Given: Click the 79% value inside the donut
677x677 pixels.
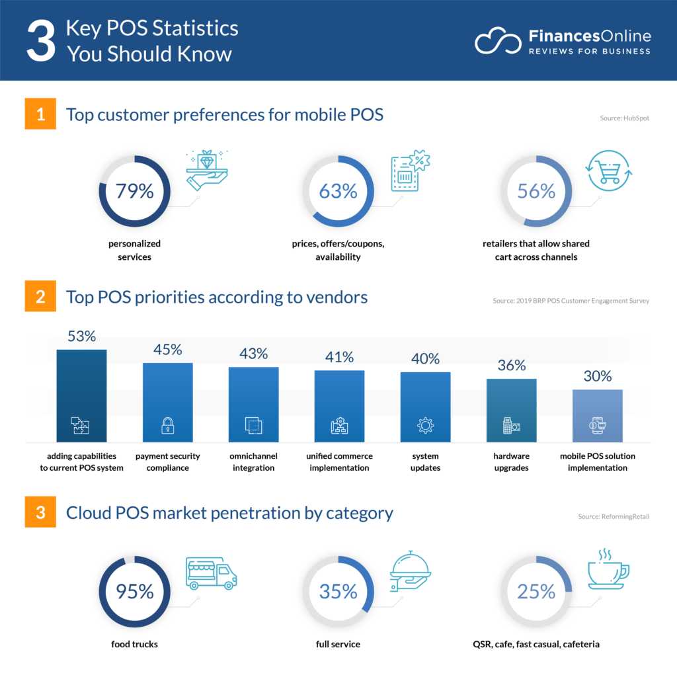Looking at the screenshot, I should pos(134,191).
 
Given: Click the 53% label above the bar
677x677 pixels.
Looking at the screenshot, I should pos(81,337).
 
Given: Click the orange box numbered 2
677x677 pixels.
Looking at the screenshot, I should pos(40,298).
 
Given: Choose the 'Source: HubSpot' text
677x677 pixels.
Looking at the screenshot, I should pos(623,118).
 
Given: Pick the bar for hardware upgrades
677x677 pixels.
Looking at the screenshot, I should pos(511,410).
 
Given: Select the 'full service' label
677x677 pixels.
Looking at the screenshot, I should pos(338,643).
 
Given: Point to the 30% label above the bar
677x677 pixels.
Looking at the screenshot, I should pos(597,376).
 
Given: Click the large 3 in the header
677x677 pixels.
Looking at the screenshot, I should pos(40,41).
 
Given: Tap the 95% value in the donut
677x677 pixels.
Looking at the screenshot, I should pos(134,591).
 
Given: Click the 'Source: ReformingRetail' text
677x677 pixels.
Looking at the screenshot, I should pos(614,516).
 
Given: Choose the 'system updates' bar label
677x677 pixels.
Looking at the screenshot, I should pos(425,462).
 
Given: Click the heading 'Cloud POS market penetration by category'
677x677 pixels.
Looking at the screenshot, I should pos(229,512).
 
